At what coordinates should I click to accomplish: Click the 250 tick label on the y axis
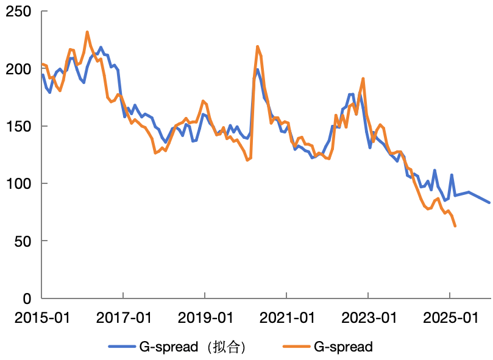click(x=18, y=12)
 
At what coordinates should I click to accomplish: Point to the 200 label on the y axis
click(x=18, y=69)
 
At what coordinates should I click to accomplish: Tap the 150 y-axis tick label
click(x=18, y=126)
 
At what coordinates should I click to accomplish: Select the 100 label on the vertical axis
click(x=18, y=183)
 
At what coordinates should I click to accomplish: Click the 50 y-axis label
click(x=23, y=241)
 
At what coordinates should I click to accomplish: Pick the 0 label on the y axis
click(x=27, y=298)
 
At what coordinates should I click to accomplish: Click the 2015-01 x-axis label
click(x=42, y=317)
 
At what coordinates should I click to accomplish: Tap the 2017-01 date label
click(x=124, y=317)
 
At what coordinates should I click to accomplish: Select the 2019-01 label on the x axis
click(x=205, y=317)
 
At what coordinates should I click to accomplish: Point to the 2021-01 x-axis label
click(x=287, y=317)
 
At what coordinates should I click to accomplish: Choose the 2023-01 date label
click(x=369, y=317)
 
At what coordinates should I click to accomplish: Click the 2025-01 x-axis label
click(x=450, y=317)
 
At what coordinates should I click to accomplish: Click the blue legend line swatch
click(x=122, y=347)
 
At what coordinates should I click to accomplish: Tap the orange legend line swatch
click(x=297, y=347)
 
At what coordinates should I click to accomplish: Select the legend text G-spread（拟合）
click(x=193, y=347)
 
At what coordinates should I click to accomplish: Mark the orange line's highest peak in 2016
click(x=87, y=32)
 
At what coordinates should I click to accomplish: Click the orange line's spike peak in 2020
click(x=258, y=46)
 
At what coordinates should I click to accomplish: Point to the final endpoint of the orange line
click(x=455, y=226)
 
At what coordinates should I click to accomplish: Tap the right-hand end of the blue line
click(x=489, y=202)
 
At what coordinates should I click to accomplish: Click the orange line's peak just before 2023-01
click(x=363, y=79)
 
